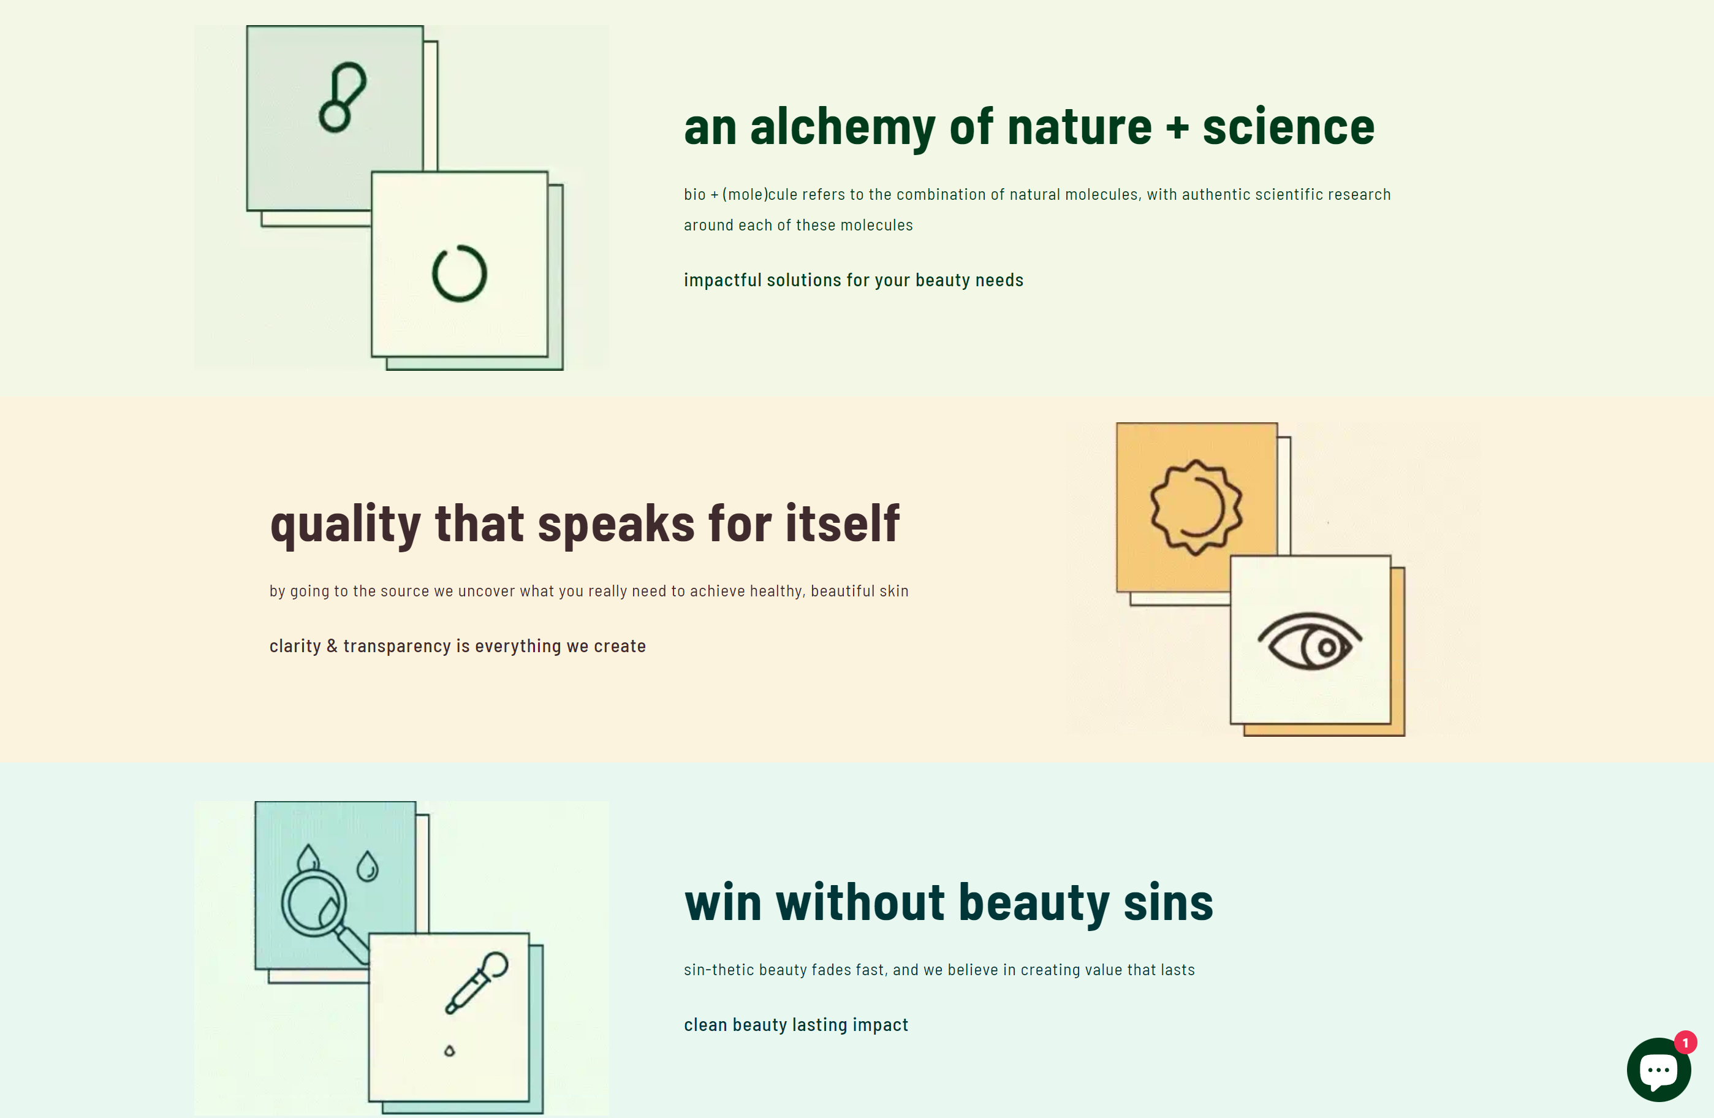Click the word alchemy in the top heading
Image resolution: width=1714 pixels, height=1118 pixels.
coord(842,128)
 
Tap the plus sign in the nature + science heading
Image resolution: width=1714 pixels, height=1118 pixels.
coord(1177,128)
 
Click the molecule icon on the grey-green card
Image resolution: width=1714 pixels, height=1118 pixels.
coord(343,97)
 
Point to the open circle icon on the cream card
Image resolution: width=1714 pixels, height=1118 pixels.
coord(433,274)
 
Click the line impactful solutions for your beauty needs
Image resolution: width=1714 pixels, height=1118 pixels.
coord(854,280)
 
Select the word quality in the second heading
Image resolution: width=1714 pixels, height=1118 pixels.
coord(345,525)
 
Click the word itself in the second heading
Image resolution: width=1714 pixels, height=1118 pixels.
coord(842,522)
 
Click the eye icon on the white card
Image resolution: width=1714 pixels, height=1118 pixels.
coord(1310,641)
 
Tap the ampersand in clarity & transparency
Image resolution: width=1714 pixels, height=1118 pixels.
coord(332,645)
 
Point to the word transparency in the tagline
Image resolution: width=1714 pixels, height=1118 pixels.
coord(397,647)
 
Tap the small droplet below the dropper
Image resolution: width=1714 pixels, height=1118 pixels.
coord(449,1051)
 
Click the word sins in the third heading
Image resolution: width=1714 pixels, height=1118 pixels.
coord(1168,903)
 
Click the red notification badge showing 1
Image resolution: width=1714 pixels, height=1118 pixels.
coord(1685,1043)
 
